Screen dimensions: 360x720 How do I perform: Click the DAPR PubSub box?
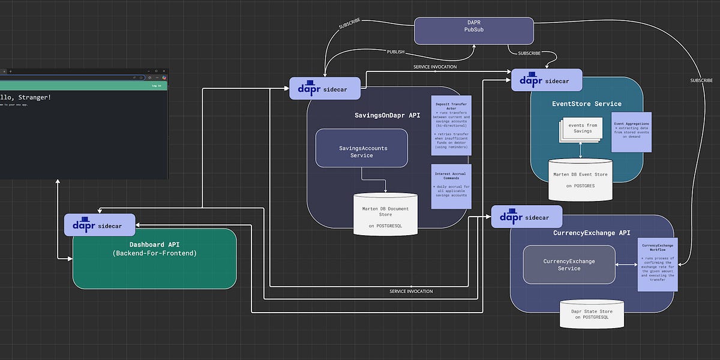tap(474, 31)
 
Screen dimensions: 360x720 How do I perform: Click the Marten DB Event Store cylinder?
tap(580, 179)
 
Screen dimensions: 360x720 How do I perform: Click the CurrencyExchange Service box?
tap(569, 265)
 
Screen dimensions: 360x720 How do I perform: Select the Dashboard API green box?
tap(154, 258)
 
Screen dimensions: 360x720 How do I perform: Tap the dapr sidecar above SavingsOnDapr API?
tap(326, 88)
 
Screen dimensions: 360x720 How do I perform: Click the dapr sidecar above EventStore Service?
tap(547, 80)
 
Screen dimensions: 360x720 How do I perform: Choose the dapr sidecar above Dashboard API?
tap(100, 225)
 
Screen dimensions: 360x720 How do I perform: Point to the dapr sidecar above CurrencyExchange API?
tap(526, 217)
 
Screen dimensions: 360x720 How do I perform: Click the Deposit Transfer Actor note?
tap(451, 125)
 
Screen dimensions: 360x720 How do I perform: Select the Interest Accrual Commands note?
tap(451, 186)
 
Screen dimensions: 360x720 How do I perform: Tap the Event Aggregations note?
tap(631, 131)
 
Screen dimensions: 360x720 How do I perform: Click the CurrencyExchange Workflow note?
tap(658, 264)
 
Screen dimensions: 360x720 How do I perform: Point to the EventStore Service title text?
tap(586, 104)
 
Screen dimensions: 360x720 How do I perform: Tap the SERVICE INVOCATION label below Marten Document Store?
tap(411, 291)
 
